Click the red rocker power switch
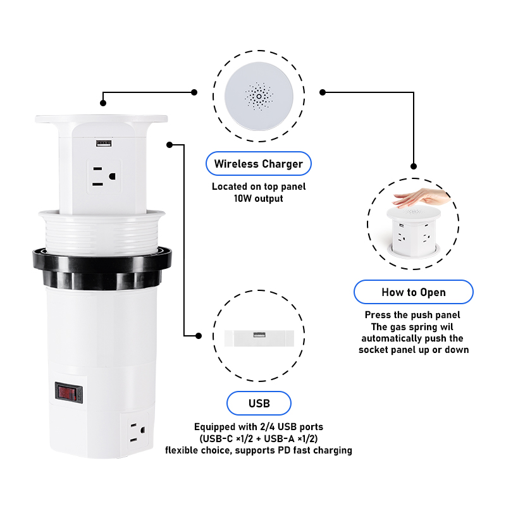tap(68, 393)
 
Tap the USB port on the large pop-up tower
tap(104, 143)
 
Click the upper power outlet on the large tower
tap(104, 176)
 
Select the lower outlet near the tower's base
tap(137, 432)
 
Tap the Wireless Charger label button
tap(259, 164)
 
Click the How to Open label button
tap(414, 292)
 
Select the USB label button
tap(259, 404)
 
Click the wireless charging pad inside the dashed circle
tap(259, 96)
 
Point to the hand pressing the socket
tap(421, 197)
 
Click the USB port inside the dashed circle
tap(259, 335)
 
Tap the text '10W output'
tap(259, 199)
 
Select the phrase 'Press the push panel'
tap(412, 315)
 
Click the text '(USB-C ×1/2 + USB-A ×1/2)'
tap(259, 438)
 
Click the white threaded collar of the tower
tap(102, 231)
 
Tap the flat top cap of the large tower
tap(101, 119)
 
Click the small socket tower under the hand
tap(414, 231)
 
